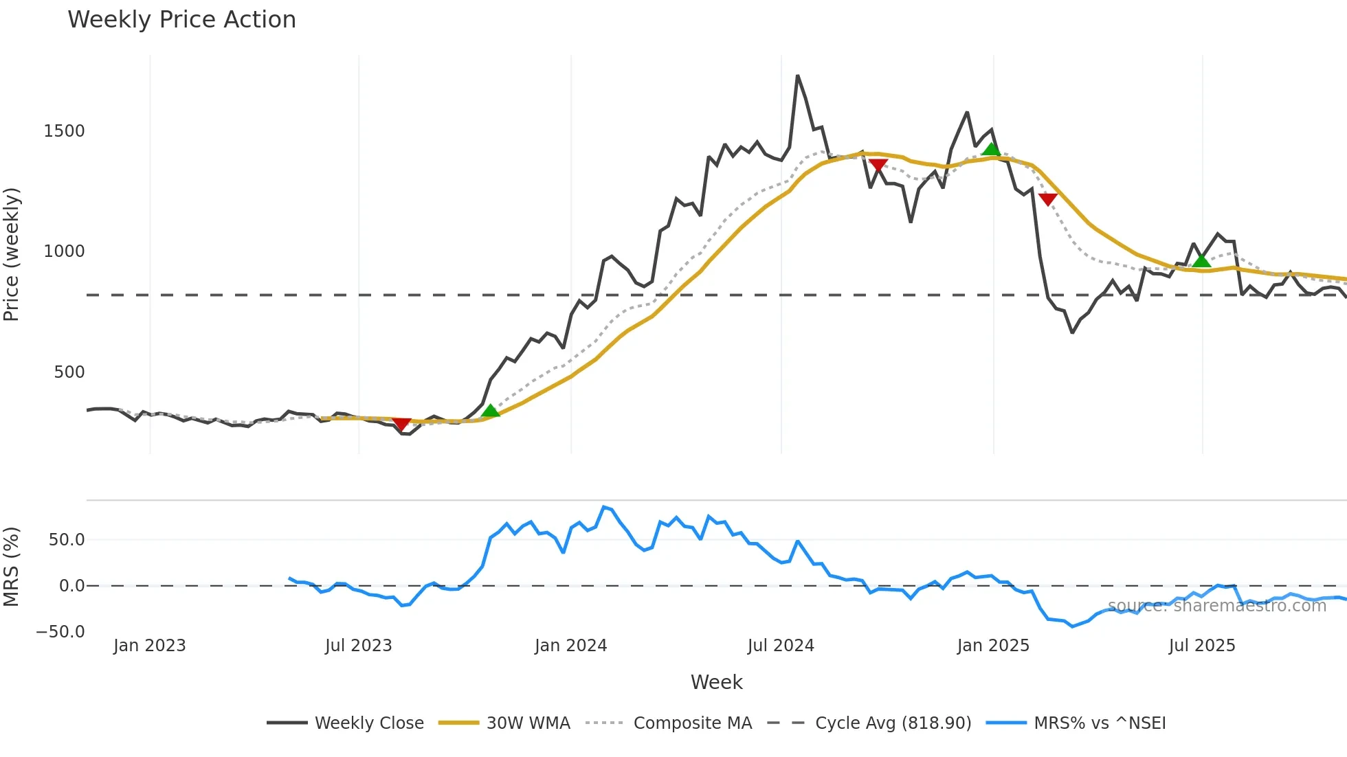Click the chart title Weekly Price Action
[181, 20]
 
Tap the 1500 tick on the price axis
[64, 131]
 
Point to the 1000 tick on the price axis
[64, 251]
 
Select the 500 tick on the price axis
[69, 372]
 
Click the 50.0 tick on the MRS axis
[66, 540]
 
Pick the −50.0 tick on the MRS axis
[60, 632]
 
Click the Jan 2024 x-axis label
[570, 646]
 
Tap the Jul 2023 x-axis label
[358, 646]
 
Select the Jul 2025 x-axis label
[1202, 646]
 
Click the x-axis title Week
[716, 682]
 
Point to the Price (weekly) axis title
[12, 254]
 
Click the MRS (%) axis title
[12, 567]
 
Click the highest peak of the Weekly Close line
[797, 76]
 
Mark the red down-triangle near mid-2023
[401, 424]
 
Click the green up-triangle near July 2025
[1201, 261]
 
